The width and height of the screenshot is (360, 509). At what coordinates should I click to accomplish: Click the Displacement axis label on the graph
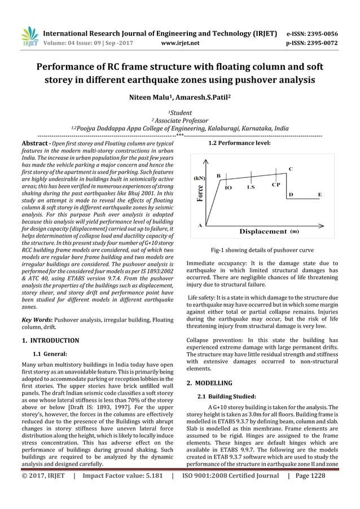coord(264,231)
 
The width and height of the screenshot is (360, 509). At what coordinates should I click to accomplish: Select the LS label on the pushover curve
coord(251,187)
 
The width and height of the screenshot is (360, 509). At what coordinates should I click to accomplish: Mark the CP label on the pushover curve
coord(275,185)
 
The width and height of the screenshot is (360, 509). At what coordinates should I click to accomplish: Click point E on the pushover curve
coord(320,194)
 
